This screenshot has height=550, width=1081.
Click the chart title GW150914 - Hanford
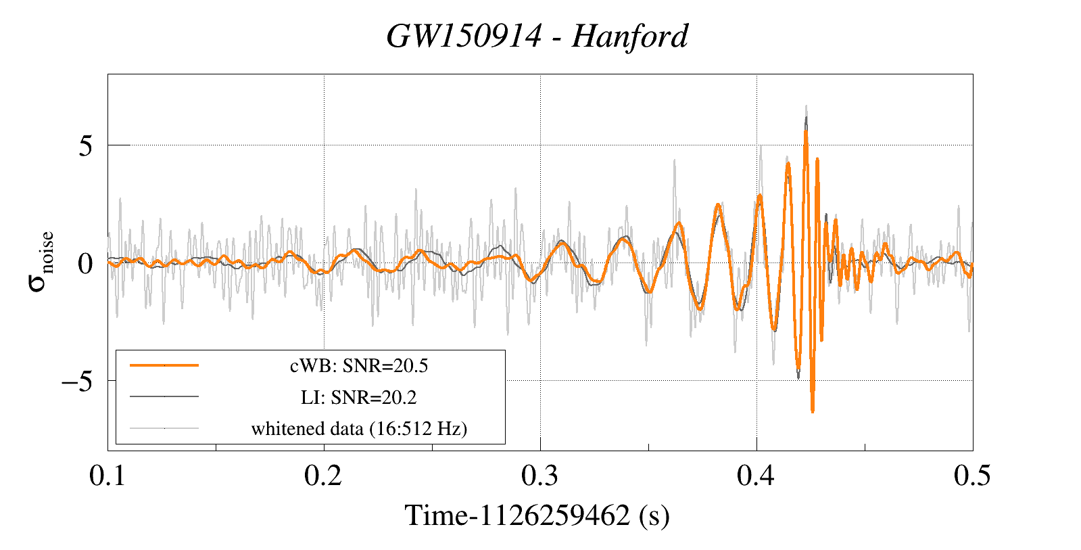[x=537, y=37]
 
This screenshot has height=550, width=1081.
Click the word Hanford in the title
[x=630, y=37]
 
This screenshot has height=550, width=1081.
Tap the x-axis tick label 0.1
[x=108, y=476]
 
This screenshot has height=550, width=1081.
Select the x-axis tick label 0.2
[x=323, y=476]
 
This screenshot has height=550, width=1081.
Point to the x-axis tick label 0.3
[x=539, y=476]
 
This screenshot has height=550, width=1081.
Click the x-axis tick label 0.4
[x=756, y=476]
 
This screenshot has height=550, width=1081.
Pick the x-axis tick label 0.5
[x=972, y=476]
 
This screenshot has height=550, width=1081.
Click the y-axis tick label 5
[x=85, y=145]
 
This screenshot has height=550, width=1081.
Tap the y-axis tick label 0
[x=85, y=263]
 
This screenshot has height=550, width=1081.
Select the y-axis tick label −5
[x=76, y=381]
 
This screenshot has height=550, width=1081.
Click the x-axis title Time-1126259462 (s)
[x=537, y=515]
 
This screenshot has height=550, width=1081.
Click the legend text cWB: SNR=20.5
[x=359, y=366]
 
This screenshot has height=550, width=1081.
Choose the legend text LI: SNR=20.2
[x=359, y=397]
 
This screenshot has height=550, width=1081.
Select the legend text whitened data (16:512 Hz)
[x=359, y=428]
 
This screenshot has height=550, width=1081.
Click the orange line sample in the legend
[x=164, y=365]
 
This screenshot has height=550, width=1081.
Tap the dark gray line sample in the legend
[x=164, y=396]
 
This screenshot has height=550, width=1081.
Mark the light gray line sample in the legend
[x=164, y=428]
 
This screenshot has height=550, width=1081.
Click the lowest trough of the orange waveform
[x=812, y=410]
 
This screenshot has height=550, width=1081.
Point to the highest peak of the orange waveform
[x=806, y=131]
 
